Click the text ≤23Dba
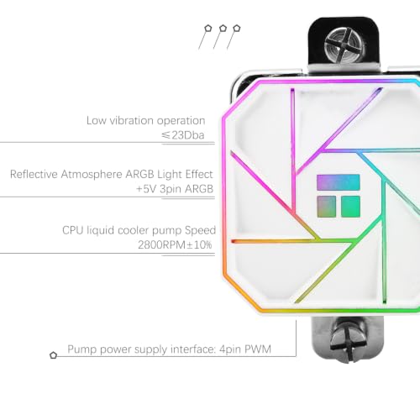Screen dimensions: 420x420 (x=183, y=135)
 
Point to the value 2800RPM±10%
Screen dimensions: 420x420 (x=175, y=245)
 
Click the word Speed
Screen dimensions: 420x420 (x=200, y=231)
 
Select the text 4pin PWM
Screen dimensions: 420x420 (x=245, y=349)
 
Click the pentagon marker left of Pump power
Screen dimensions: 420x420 (x=53, y=355)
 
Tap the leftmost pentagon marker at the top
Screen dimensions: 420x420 (x=207, y=29)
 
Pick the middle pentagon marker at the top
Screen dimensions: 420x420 (x=223, y=29)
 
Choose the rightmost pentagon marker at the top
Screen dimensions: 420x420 (x=237, y=29)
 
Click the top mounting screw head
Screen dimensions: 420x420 (x=344, y=46)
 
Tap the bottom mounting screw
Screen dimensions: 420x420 (x=349, y=341)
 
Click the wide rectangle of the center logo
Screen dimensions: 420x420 (x=339, y=182)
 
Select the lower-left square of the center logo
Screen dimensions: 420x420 (x=326, y=207)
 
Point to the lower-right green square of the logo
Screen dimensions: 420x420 (x=350, y=207)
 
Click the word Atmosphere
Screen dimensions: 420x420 (x=92, y=174)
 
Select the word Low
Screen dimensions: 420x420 (x=96, y=121)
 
